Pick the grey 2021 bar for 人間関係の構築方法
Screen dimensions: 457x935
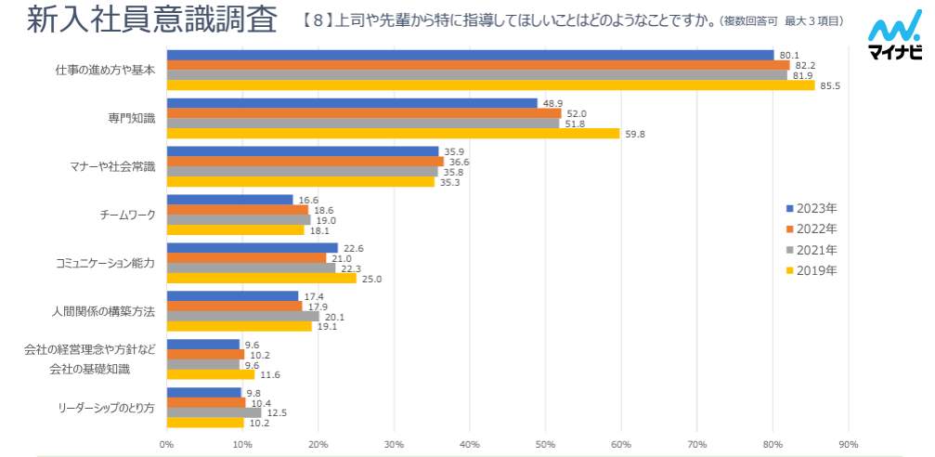pos(242,316)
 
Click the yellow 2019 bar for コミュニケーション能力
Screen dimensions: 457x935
pos(261,278)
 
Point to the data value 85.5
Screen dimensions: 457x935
pos(829,86)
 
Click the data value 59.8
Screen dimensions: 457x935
pos(634,134)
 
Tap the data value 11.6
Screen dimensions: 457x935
pos(269,374)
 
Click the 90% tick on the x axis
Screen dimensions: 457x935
pos(848,444)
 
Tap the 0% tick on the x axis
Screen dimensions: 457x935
pos(167,444)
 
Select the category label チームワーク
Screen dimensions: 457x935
pos(127,215)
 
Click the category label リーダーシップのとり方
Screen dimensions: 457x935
pos(107,408)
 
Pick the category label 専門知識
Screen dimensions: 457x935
pos(131,118)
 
